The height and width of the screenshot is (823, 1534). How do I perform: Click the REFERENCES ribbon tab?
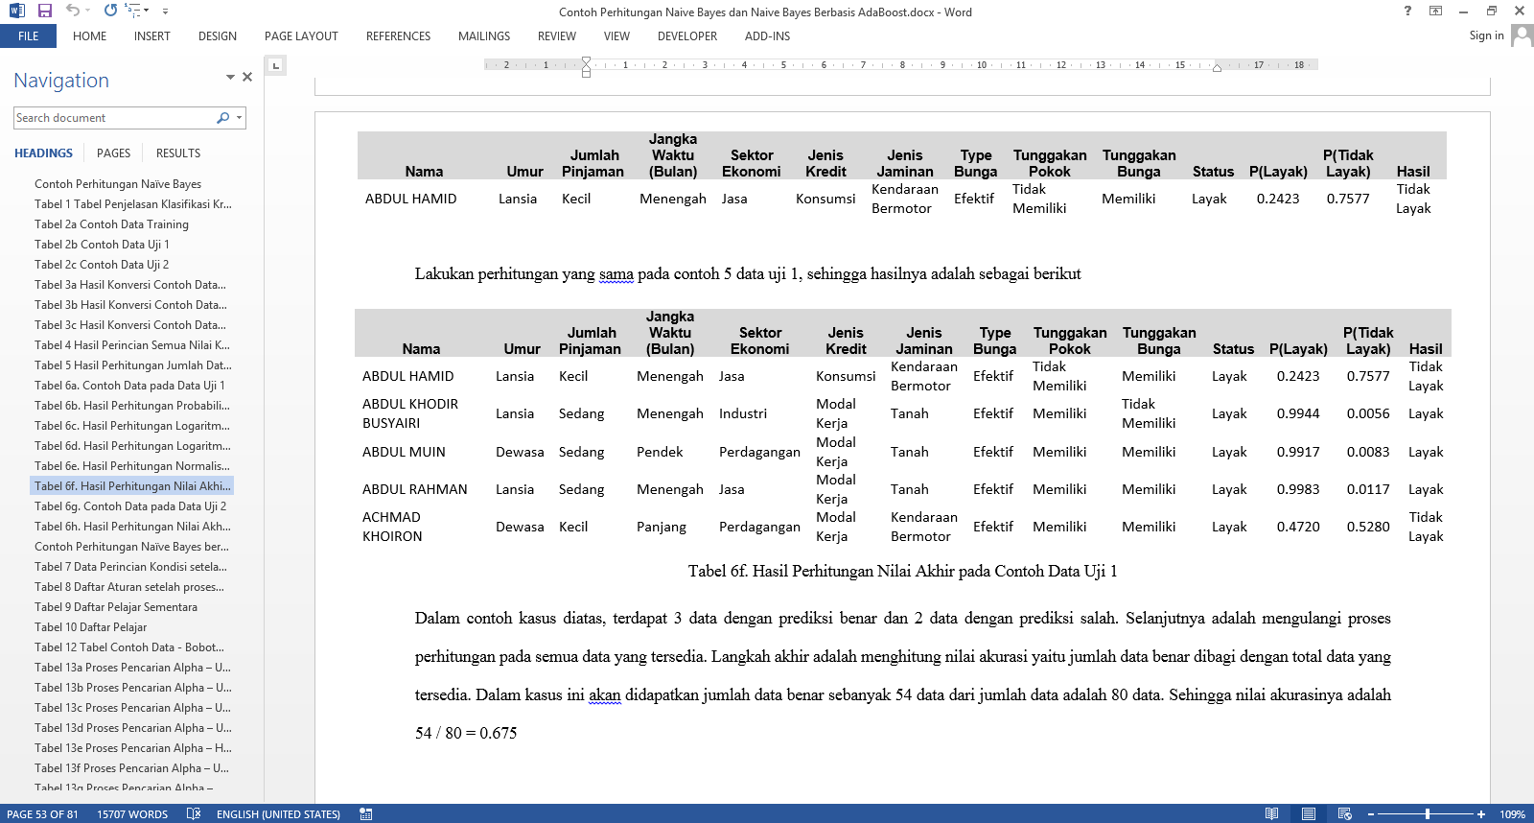tap(398, 36)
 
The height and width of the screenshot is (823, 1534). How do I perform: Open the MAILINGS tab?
tap(483, 36)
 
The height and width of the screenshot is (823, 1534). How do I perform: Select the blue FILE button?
tap(28, 36)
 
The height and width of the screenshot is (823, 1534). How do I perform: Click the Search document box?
tap(115, 118)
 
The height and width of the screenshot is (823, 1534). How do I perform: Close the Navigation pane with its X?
tap(247, 77)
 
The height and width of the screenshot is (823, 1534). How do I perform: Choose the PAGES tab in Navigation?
tap(113, 153)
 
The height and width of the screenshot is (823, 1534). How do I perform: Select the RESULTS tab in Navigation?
tap(178, 153)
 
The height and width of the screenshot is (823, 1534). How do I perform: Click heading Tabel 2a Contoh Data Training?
tap(111, 224)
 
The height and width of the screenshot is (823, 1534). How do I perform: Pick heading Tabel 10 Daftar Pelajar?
tap(91, 627)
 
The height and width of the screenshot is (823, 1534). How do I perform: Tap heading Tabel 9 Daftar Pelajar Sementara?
tap(116, 607)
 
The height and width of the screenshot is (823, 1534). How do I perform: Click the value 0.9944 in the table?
tap(1298, 414)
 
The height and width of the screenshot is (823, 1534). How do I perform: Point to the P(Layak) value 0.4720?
tap(1298, 527)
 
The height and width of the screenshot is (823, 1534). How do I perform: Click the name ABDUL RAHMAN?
tap(415, 489)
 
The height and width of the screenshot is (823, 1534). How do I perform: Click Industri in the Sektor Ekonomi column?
tap(743, 414)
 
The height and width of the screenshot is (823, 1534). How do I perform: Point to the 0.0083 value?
tap(1368, 452)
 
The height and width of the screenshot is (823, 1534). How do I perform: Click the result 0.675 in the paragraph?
tap(499, 734)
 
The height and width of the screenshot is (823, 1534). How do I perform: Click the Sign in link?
tap(1486, 35)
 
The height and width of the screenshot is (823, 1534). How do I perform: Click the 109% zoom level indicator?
tap(1513, 814)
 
